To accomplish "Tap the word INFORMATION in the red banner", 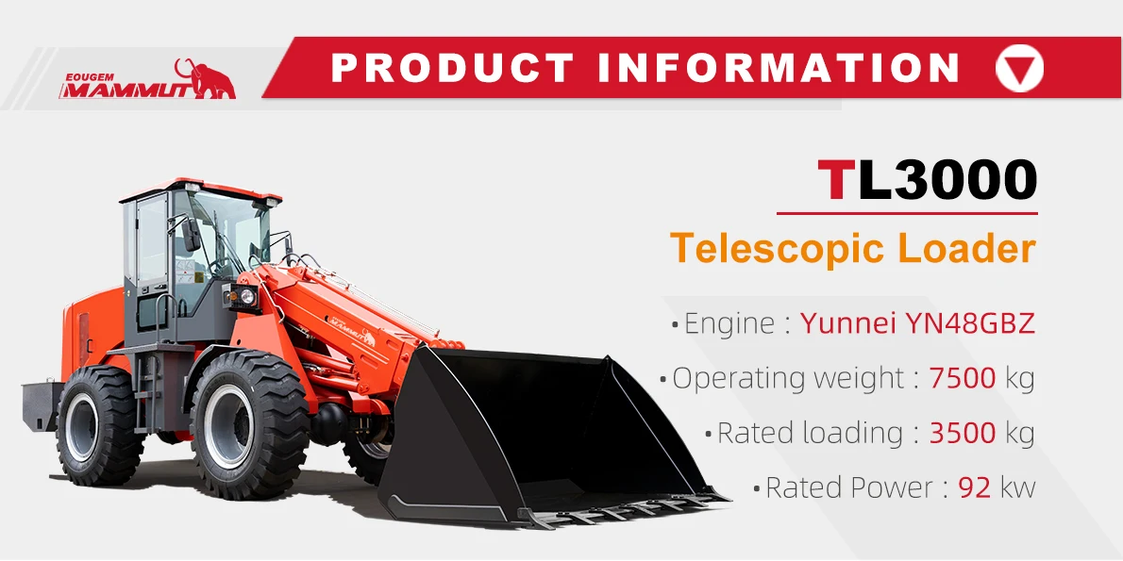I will point(779,69).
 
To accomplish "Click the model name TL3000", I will point(928,180).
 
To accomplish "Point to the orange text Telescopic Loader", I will point(852,248).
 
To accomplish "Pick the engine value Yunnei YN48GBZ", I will point(917,323).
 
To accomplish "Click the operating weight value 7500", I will point(962,378).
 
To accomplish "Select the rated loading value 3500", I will point(962,433).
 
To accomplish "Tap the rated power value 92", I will point(973,487).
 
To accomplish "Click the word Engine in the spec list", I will point(729,323).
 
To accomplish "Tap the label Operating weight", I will point(787,378).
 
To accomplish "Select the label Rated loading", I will point(810,433).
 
